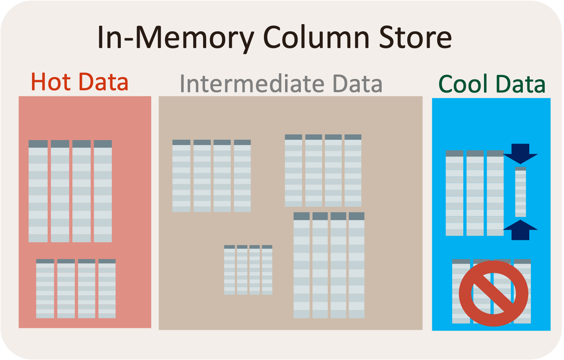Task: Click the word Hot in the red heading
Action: (51, 82)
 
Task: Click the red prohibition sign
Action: (493, 293)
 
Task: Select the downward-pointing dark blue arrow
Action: (521, 153)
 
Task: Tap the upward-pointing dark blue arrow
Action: (521, 230)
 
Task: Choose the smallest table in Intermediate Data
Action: (248, 270)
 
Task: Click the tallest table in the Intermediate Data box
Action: (329, 265)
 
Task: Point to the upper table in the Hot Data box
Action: (70, 191)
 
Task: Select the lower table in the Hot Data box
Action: (76, 289)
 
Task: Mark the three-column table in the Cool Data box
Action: (475, 193)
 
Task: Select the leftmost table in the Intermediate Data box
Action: (211, 176)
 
